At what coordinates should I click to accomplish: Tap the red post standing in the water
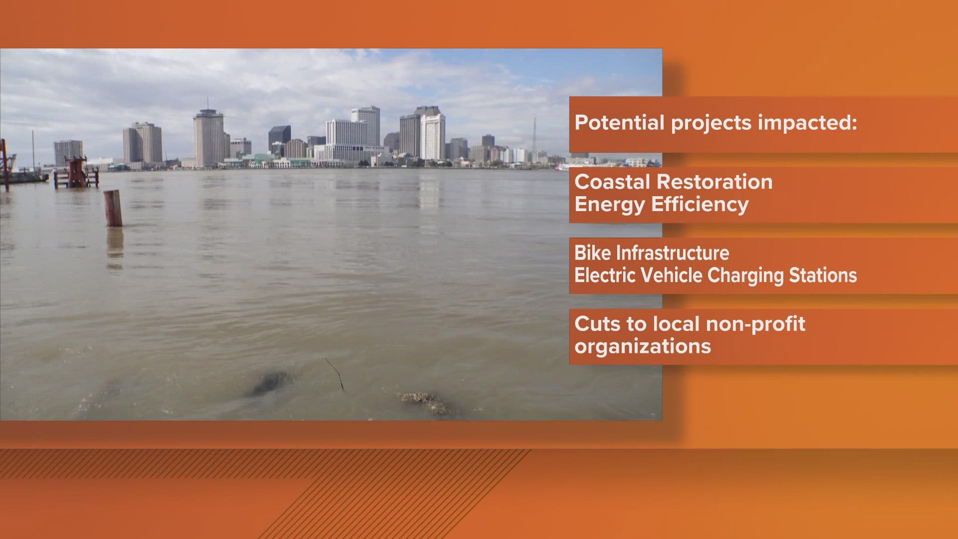click(113, 208)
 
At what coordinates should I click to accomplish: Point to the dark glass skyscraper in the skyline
click(279, 138)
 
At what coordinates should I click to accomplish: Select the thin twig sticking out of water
click(335, 373)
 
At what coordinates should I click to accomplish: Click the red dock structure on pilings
click(76, 172)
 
